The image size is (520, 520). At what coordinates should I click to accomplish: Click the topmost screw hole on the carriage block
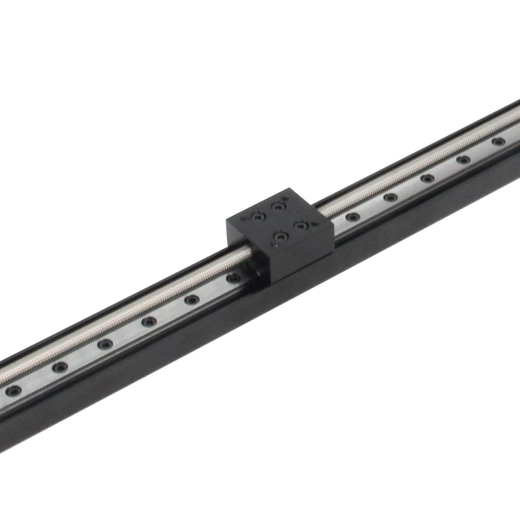(x=278, y=207)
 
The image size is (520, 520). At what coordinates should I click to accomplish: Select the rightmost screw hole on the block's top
(x=301, y=225)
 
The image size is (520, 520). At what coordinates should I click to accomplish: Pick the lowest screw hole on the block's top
(x=280, y=237)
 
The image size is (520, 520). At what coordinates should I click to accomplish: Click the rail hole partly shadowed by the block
(x=233, y=278)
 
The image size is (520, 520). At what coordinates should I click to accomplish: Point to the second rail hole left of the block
(x=192, y=299)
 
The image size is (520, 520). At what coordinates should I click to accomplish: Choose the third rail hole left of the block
(x=149, y=322)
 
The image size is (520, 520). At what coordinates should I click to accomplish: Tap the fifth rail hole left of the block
(x=60, y=367)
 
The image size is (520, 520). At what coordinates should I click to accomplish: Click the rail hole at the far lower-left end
(x=13, y=390)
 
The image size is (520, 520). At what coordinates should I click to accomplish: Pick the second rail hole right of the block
(x=390, y=197)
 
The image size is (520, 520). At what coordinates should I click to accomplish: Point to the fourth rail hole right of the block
(x=464, y=160)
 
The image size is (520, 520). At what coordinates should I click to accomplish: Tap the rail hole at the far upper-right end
(x=499, y=142)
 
